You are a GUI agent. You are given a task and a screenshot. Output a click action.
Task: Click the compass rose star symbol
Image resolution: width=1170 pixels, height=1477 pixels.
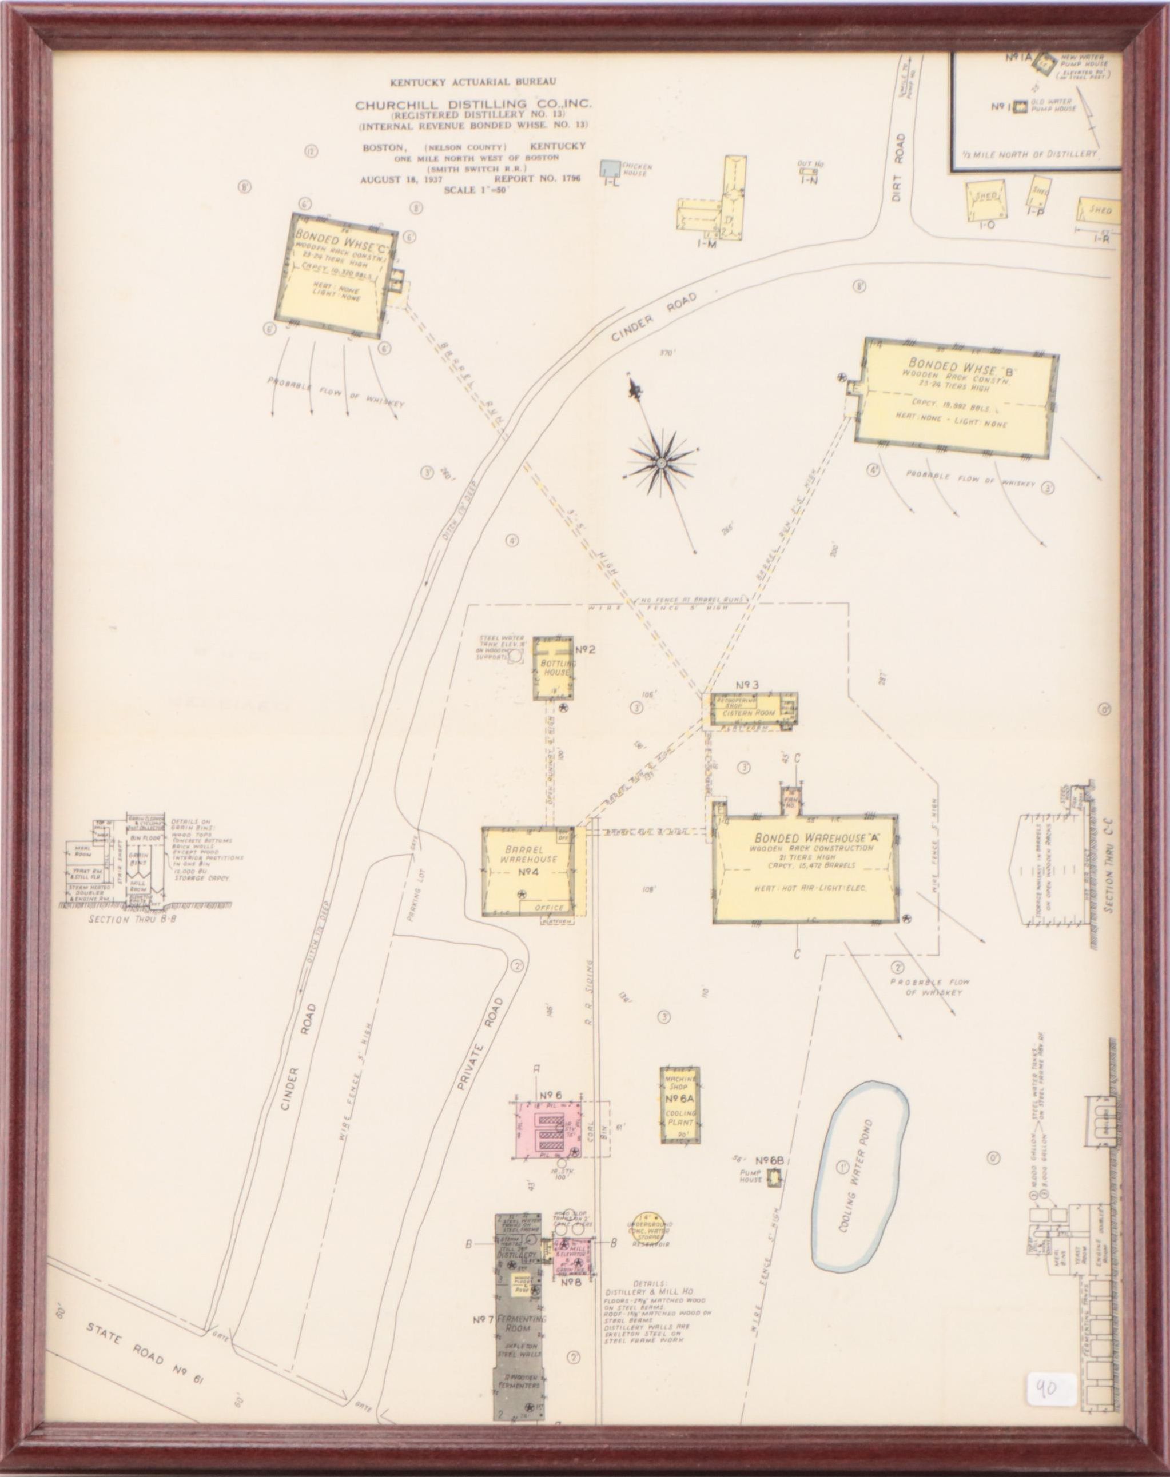click(661, 464)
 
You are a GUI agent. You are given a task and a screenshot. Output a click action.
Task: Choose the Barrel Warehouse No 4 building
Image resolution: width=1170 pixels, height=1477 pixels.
click(534, 869)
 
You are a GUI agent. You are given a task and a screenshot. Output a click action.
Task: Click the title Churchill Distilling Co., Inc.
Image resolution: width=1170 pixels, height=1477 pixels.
click(473, 105)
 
